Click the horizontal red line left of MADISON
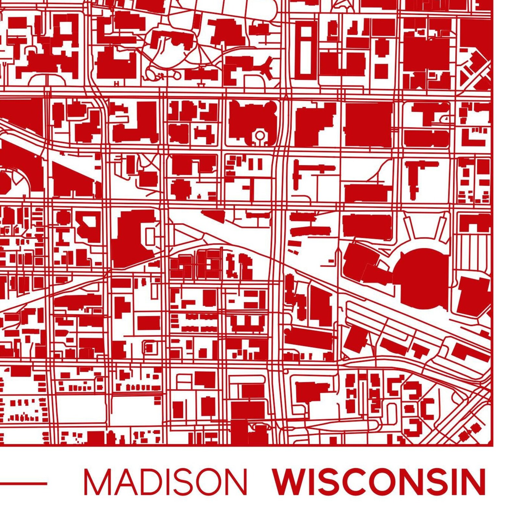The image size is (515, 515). click(23, 483)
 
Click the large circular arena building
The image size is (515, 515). click(422, 277)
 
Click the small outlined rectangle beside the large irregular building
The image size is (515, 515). click(150, 236)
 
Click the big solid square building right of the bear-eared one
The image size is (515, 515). click(368, 125)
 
